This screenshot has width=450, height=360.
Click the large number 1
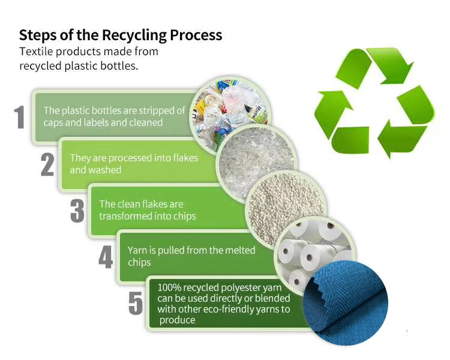(x=20, y=117)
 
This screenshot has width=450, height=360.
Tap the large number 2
(x=47, y=164)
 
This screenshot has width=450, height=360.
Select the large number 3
(x=77, y=211)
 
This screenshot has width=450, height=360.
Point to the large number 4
(x=106, y=257)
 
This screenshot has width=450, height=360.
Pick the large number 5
(x=136, y=304)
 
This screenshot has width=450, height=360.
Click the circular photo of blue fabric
(x=345, y=303)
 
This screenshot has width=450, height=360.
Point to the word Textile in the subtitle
(x=37, y=52)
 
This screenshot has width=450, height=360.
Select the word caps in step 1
(x=55, y=122)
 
